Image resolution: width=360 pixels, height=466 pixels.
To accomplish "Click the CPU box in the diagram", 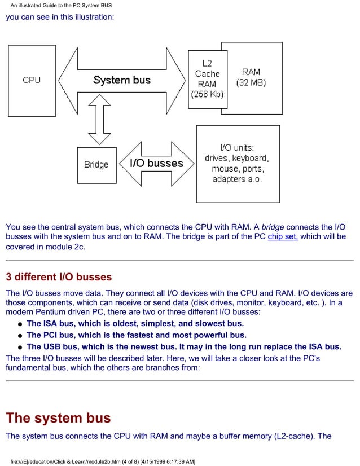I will pyautogui.click(x=32, y=80).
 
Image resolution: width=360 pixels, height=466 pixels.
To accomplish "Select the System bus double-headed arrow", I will pyautogui.click(x=122, y=80).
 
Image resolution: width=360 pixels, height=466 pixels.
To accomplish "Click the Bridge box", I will pyautogui.click(x=96, y=165).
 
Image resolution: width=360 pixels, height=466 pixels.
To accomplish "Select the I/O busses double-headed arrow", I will pyautogui.click(x=156, y=164).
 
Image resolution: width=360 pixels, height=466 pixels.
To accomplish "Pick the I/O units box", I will pyautogui.click(x=237, y=163).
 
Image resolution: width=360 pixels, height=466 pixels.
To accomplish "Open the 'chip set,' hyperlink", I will pyautogui.click(x=283, y=236).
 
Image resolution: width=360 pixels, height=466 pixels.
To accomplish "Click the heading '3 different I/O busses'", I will pyautogui.click(x=59, y=277).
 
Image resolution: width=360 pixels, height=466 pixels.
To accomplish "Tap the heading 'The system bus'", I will pyautogui.click(x=58, y=418).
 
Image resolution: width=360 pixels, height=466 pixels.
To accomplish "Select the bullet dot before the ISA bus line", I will pyautogui.click(x=20, y=324).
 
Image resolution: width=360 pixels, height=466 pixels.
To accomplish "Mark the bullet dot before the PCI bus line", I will pyautogui.click(x=20, y=336).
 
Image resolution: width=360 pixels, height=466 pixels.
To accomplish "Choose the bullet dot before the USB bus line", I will pyautogui.click(x=20, y=348).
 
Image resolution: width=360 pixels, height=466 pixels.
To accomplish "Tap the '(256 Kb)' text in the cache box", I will pyautogui.click(x=207, y=94).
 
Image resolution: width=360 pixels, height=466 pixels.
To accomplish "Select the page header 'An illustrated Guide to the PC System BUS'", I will pyautogui.click(x=61, y=5).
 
